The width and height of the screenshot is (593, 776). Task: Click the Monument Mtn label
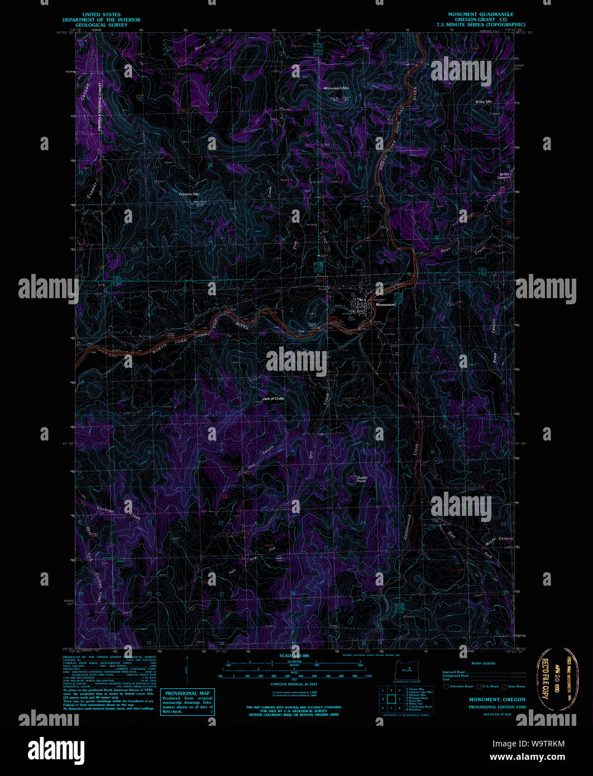click(337, 88)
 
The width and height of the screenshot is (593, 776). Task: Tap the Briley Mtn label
click(484, 102)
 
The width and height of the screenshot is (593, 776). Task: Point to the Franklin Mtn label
click(189, 194)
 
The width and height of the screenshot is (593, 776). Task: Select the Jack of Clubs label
click(273, 399)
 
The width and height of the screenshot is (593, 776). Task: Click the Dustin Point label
click(362, 479)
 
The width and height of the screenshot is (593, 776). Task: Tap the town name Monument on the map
click(385, 305)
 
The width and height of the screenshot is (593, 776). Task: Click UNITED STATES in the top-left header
click(101, 15)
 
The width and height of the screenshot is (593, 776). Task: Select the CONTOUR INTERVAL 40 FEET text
click(298, 683)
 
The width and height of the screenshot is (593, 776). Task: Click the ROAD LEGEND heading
click(483, 664)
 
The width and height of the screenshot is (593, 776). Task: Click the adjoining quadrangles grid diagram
click(391, 698)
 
